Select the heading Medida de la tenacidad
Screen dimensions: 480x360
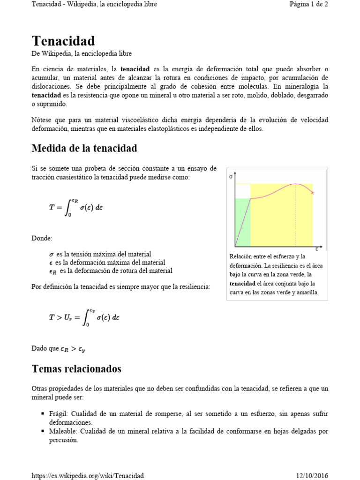[x=84, y=149]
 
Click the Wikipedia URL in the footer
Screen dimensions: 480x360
[x=87, y=475]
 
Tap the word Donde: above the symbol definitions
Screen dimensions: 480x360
[x=42, y=238]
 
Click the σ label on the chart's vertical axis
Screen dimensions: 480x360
[x=231, y=177]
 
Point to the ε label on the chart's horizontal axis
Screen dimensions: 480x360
[x=316, y=249]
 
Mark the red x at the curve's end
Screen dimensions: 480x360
[x=313, y=193]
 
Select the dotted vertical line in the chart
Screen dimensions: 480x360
[x=296, y=216]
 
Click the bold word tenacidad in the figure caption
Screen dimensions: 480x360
[x=242, y=284]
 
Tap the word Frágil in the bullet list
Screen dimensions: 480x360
[x=58, y=414]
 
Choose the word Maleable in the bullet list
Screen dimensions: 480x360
[x=62, y=431]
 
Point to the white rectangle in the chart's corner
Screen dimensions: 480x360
[x=243, y=191]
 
